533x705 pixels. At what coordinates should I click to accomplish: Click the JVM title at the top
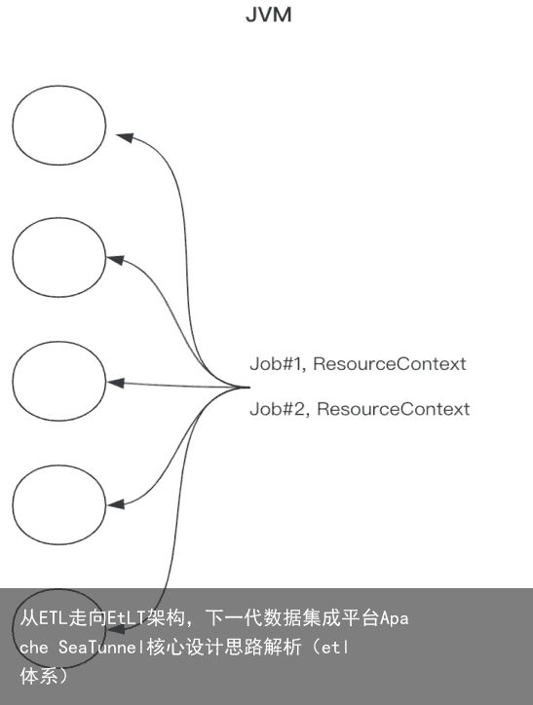pyautogui.click(x=269, y=15)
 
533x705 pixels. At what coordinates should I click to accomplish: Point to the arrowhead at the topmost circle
pyautogui.click(x=125, y=137)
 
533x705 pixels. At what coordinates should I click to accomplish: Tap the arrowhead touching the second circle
pyautogui.click(x=115, y=259)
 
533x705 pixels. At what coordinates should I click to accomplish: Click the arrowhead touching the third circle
pyautogui.click(x=115, y=383)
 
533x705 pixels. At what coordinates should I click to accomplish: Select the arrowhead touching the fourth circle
pyautogui.click(x=115, y=504)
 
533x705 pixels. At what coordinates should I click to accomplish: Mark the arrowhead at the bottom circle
pyautogui.click(x=115, y=625)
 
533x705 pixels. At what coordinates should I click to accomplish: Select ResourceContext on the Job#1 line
pyautogui.click(x=390, y=364)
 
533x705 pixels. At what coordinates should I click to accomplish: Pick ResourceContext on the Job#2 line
pyautogui.click(x=394, y=409)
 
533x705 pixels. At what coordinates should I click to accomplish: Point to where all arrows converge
pyautogui.click(x=248, y=387)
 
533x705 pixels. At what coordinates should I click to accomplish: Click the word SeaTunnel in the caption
pyautogui.click(x=100, y=647)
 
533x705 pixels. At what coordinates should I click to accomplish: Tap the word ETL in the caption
pyautogui.click(x=49, y=618)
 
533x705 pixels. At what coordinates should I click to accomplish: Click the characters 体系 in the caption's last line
pyautogui.click(x=39, y=676)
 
